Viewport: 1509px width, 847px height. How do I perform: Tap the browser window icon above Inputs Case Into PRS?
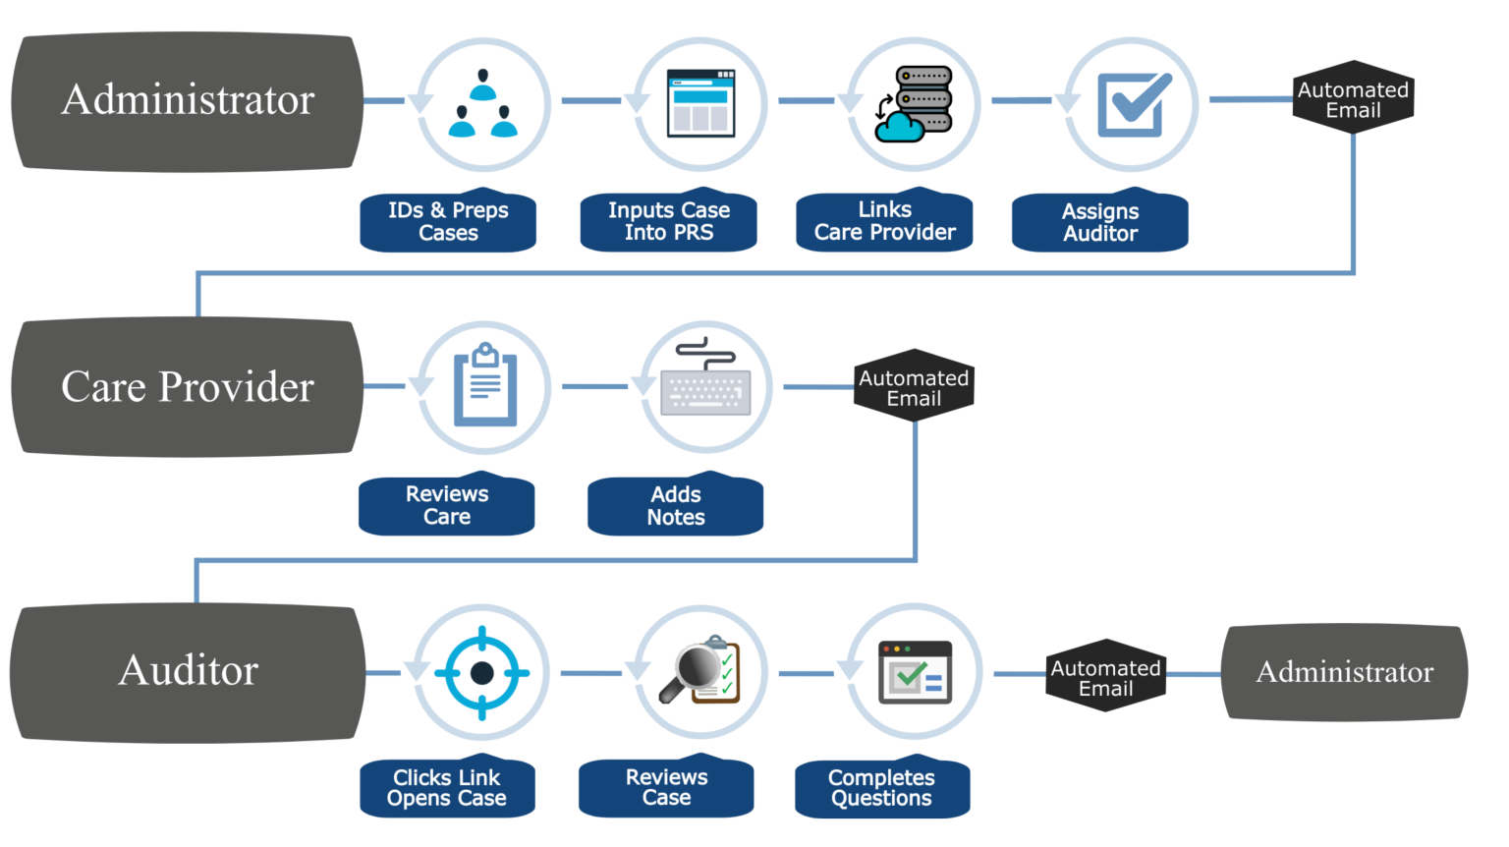pyautogui.click(x=699, y=103)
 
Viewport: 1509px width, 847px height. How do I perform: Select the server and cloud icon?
pyautogui.click(x=913, y=103)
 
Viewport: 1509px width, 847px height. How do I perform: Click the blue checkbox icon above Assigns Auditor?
pyautogui.click(x=1131, y=103)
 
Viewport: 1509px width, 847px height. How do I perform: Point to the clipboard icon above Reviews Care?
pyautogui.click(x=483, y=386)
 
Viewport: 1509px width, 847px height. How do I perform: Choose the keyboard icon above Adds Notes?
pyautogui.click(x=705, y=386)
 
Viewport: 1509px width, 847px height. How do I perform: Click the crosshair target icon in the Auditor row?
pyautogui.click(x=481, y=673)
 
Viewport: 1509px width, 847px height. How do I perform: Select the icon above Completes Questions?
pyautogui.click(x=914, y=673)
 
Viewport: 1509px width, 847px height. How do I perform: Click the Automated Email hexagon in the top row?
pyautogui.click(x=1353, y=99)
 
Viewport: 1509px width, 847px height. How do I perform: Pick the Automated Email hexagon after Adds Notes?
pyautogui.click(x=914, y=388)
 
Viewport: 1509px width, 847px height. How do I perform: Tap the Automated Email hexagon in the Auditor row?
pyautogui.click(x=1105, y=677)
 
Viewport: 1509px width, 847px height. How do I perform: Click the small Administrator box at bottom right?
pyautogui.click(x=1344, y=672)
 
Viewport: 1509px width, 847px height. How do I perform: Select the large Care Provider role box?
pyautogui.click(x=187, y=387)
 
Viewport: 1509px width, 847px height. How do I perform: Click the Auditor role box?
pyautogui.click(x=187, y=671)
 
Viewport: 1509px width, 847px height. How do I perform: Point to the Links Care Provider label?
pyautogui.click(x=884, y=221)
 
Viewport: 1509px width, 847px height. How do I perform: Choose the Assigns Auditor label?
pyautogui.click(x=1100, y=222)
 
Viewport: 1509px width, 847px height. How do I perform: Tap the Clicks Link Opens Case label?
pyautogui.click(x=447, y=788)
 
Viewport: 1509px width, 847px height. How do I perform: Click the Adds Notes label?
pyautogui.click(x=676, y=506)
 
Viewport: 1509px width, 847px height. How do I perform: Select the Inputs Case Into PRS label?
pyautogui.click(x=668, y=221)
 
